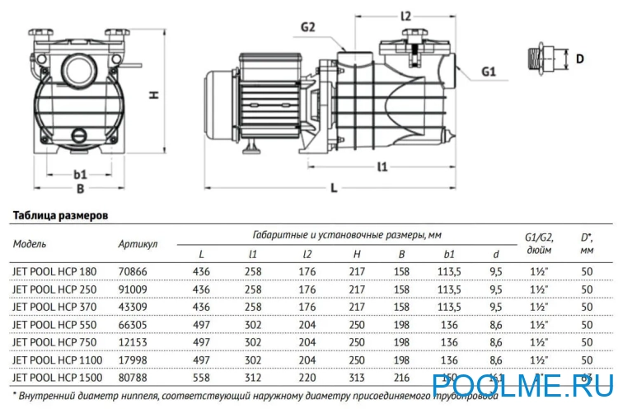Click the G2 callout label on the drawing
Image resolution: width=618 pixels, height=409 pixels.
[307, 27]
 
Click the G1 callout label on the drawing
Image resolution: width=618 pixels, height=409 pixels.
[488, 73]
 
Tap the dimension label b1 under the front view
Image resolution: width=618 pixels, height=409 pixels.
[80, 174]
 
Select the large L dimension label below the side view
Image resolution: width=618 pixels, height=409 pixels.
[334, 188]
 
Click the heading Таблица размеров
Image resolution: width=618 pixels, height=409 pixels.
[59, 215]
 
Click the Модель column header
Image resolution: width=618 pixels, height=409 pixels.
[30, 243]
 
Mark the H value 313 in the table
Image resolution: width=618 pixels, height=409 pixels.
[357, 378]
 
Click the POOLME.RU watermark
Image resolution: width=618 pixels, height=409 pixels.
[523, 384]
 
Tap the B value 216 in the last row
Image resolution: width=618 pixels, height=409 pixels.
[401, 378]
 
